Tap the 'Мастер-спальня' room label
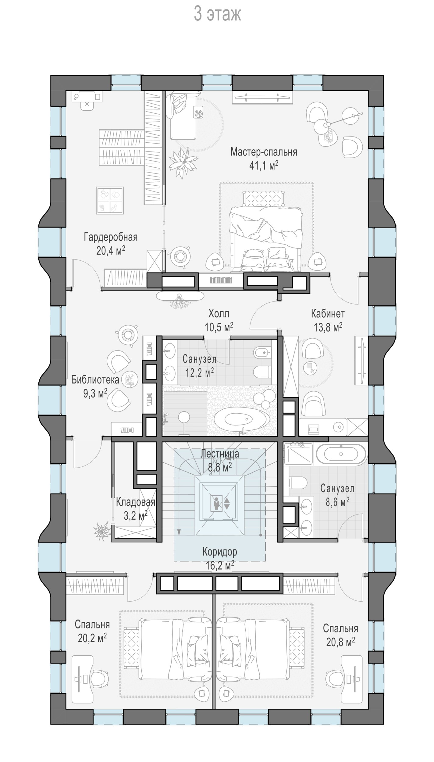(x=264, y=152)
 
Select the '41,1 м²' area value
(x=264, y=166)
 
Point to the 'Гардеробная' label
(x=111, y=237)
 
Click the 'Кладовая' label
(x=136, y=502)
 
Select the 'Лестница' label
(x=220, y=454)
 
